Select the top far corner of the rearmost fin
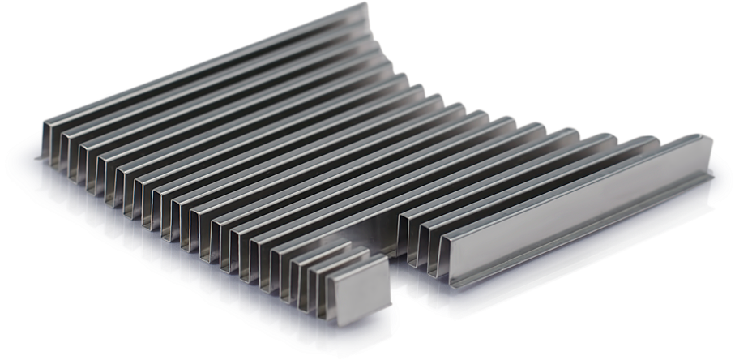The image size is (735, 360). (x=363, y=6)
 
